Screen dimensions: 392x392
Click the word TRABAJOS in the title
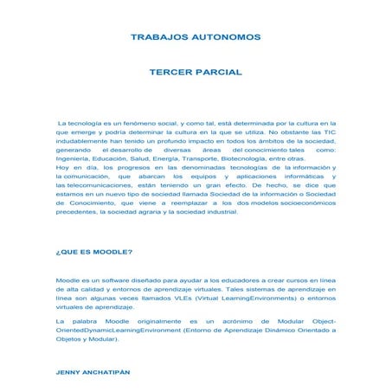(x=157, y=39)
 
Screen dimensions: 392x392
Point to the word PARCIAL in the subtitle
(x=222, y=74)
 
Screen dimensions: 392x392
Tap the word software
(x=119, y=281)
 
